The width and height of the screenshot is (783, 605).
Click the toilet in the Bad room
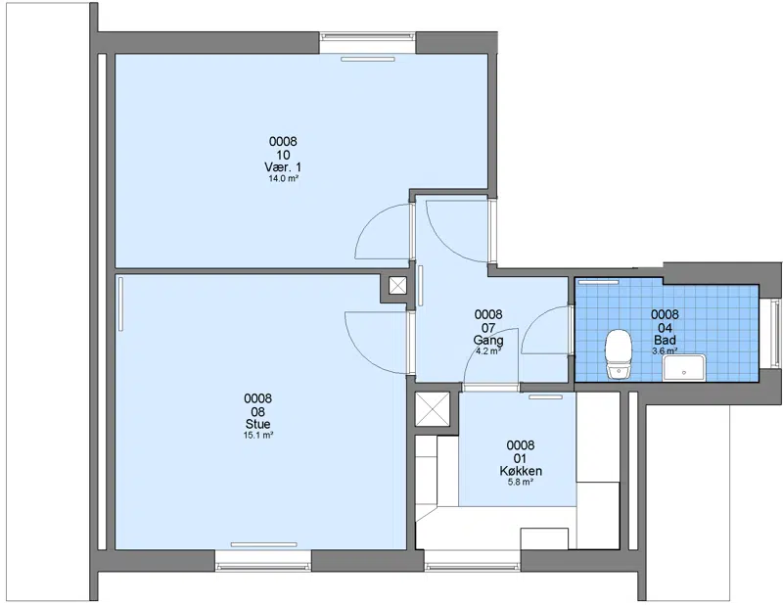click(x=619, y=353)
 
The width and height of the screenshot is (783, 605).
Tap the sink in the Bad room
click(x=683, y=368)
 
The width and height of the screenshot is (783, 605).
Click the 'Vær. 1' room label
click(x=283, y=166)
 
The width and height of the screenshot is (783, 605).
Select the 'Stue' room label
click(x=257, y=424)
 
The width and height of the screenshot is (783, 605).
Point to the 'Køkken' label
click(x=521, y=471)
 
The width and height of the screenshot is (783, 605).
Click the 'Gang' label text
click(x=488, y=341)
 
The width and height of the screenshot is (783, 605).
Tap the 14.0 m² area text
click(x=284, y=178)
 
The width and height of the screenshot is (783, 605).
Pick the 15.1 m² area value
click(x=258, y=435)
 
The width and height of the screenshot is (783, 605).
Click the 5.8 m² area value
click(x=521, y=482)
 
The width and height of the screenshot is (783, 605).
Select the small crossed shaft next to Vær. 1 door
click(x=397, y=286)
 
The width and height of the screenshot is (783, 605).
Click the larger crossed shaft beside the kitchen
click(x=433, y=408)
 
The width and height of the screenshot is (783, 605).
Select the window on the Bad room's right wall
click(x=774, y=332)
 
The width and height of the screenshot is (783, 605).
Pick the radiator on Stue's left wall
click(x=120, y=304)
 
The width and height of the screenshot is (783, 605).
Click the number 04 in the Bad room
click(x=666, y=328)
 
